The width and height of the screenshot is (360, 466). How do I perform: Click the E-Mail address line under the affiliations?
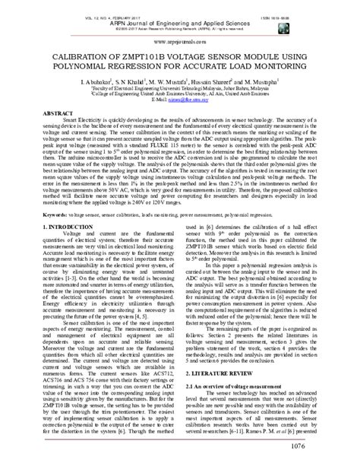(180, 99)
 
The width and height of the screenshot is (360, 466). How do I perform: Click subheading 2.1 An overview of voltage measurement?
(237, 366)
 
